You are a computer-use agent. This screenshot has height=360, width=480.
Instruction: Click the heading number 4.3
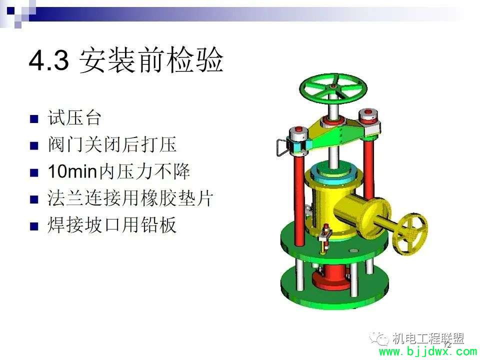(49, 60)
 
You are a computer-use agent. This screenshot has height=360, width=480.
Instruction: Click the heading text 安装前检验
(151, 60)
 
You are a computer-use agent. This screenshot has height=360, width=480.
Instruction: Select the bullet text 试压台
(74, 117)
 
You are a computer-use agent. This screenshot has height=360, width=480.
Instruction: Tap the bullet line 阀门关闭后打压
(112, 144)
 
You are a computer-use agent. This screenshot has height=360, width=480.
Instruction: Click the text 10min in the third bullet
(72, 171)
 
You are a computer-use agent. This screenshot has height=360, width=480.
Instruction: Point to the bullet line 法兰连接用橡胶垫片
(130, 198)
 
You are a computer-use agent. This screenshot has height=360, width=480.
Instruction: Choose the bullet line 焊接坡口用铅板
(112, 225)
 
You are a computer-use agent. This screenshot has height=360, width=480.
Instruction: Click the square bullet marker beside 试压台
(34, 119)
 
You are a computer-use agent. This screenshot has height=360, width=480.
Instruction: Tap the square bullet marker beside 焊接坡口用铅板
(34, 226)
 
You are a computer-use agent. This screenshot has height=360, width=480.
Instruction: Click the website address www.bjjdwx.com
(427, 352)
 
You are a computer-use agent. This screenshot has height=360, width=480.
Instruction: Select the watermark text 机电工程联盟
(428, 338)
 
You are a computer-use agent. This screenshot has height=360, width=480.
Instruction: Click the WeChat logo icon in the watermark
(379, 338)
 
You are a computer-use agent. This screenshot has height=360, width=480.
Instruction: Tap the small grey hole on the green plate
(353, 250)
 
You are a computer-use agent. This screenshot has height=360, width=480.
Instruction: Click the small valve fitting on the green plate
(324, 239)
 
